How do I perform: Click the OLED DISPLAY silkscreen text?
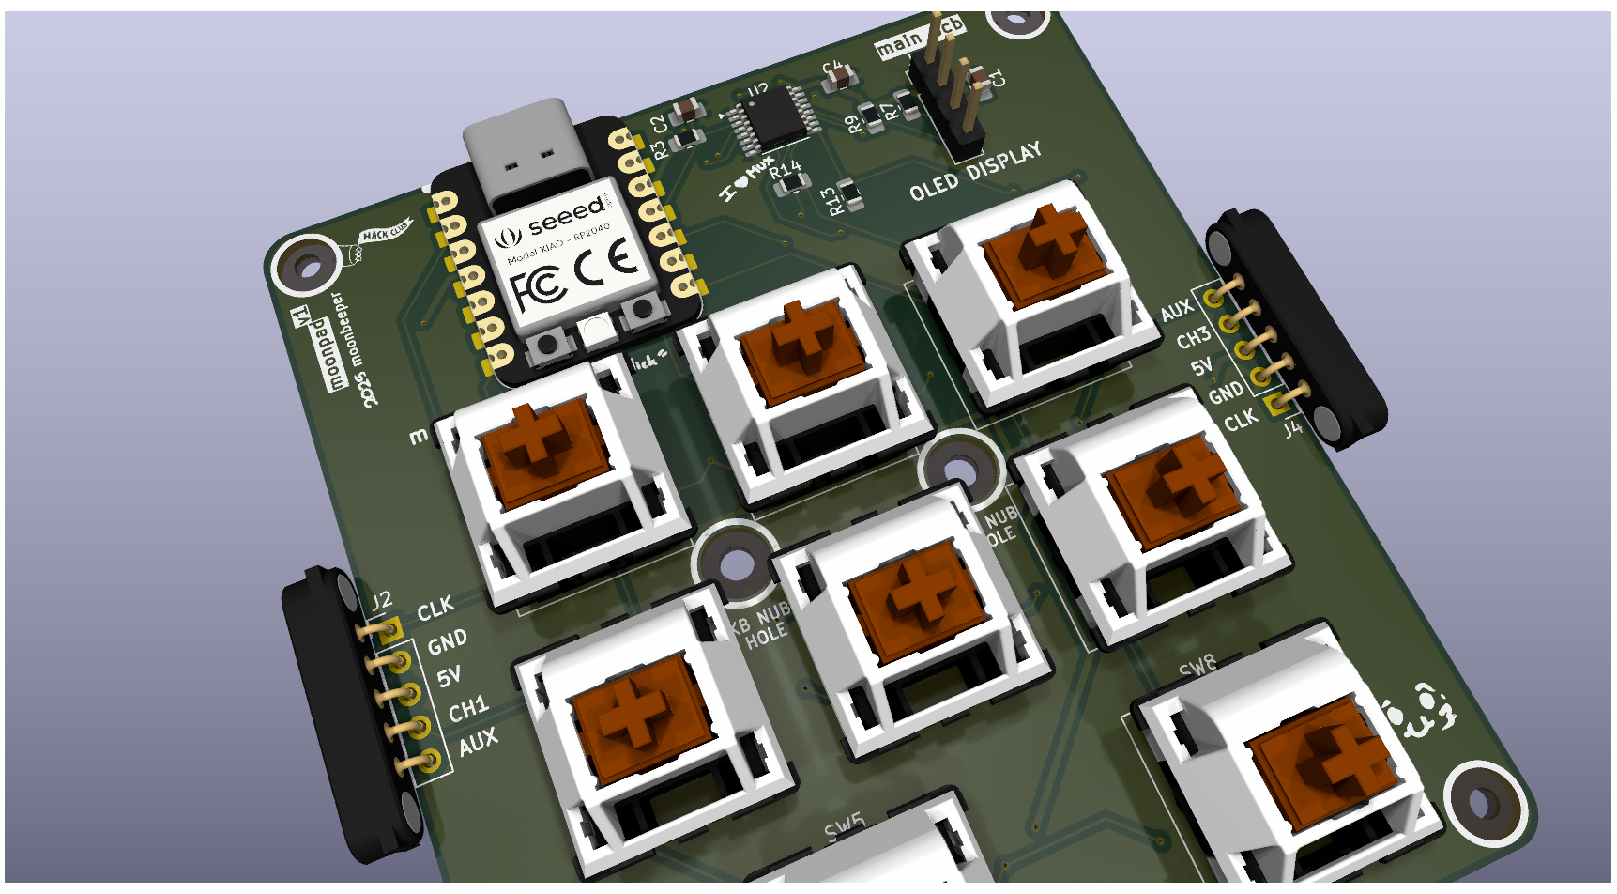[975, 172]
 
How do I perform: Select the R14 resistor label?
[786, 170]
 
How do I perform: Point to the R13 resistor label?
[829, 201]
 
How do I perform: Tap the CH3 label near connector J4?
[1193, 337]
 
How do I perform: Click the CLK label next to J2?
[435, 609]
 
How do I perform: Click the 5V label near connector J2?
[449, 676]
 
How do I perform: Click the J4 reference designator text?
[1293, 429]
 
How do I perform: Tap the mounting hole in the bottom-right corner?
[1481, 804]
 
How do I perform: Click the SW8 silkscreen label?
[1197, 668]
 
